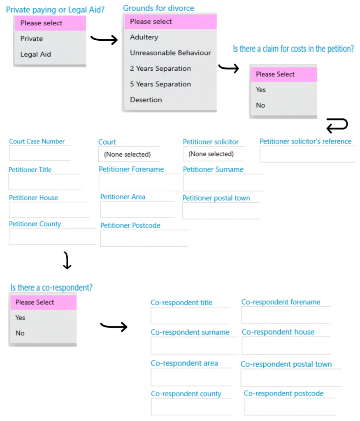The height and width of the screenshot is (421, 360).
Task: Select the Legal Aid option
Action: point(36,54)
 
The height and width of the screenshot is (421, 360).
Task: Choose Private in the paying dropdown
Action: point(32,39)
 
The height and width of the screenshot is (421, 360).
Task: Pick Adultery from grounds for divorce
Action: point(144,37)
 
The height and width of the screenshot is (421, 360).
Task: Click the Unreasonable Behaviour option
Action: point(170,53)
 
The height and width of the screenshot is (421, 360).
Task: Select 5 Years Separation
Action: point(160,84)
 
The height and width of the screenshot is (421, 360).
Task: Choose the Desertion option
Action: point(146,99)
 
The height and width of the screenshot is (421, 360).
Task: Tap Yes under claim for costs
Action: point(260,90)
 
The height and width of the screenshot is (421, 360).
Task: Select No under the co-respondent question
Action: point(20,333)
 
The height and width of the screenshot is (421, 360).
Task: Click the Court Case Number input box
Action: point(40,153)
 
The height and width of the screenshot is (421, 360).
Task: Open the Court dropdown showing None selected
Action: point(129,154)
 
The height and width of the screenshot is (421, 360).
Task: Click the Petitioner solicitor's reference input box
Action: point(307,154)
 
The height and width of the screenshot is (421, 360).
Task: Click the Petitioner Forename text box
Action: point(139,182)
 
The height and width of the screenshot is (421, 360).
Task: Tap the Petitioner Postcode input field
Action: point(144,238)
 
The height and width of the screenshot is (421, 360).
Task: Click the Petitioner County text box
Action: point(52,236)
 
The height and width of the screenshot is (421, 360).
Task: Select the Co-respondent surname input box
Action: point(195,345)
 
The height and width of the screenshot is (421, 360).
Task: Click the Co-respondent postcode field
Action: point(290,407)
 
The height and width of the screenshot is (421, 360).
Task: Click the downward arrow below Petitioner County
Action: point(67,260)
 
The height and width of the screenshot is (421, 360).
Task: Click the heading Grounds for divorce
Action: point(158,8)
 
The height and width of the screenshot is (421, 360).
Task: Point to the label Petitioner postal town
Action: point(216,198)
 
